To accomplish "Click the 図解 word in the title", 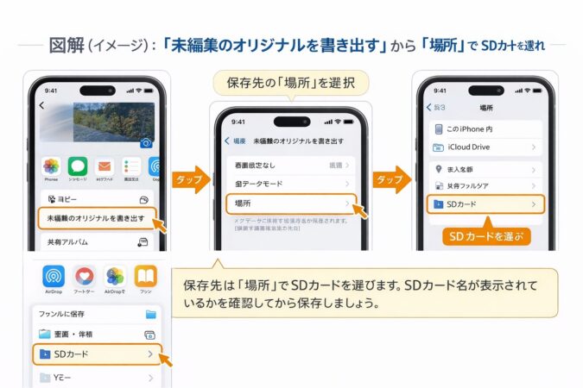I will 67,46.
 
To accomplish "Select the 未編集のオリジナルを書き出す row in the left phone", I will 95,218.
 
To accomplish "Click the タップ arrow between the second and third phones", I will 392,179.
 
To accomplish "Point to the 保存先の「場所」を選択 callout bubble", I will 290,83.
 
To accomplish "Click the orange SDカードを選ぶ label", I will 486,235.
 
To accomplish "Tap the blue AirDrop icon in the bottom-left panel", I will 54,276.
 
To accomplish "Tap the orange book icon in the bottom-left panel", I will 145,276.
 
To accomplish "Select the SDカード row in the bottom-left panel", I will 95,354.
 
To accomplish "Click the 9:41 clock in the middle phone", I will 238,122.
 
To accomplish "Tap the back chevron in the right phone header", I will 429,107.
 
